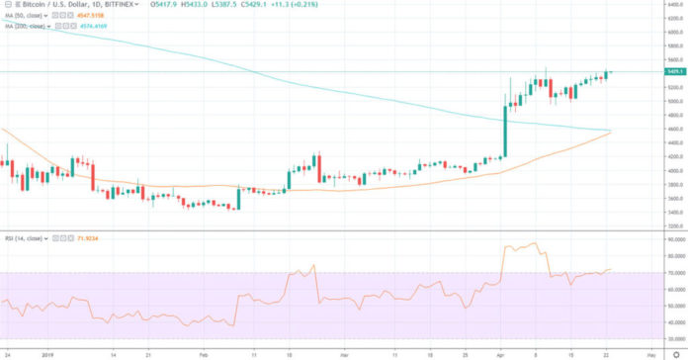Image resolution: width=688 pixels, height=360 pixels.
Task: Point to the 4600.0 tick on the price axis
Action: [x=649, y=129]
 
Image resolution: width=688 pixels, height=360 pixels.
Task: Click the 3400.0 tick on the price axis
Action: [x=649, y=212]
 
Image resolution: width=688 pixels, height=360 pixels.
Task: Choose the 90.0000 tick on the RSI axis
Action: [x=649, y=239]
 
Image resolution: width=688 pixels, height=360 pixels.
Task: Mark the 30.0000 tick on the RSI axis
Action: [x=649, y=339]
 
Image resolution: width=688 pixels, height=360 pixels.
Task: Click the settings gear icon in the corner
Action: [x=675, y=353]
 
